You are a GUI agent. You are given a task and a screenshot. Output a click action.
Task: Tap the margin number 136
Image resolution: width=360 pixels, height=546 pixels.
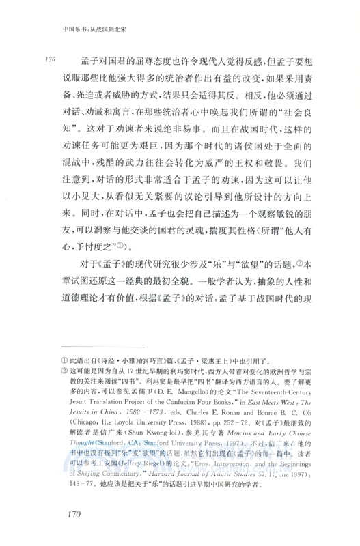(x=47, y=58)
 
